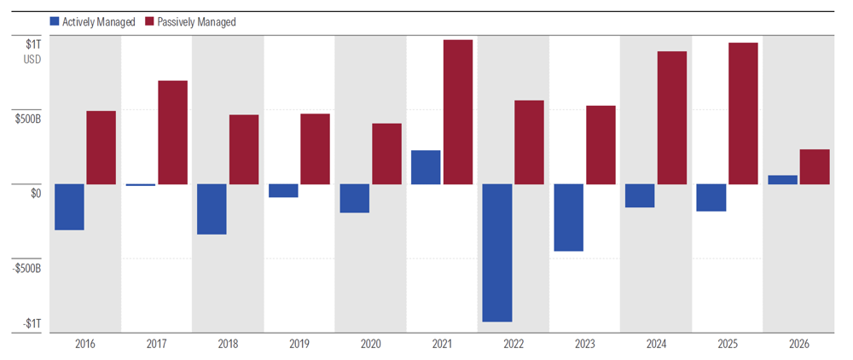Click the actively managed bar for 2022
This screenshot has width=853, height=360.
coord(496,253)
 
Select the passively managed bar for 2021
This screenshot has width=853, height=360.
coord(457,112)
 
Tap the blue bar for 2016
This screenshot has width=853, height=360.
coord(69,207)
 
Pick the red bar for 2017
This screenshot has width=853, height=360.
coord(172,132)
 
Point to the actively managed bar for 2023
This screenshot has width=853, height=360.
coord(568,218)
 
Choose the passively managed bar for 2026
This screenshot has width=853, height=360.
coord(815,167)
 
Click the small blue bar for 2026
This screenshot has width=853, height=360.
coord(782,180)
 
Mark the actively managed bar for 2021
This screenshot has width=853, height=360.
coord(426,167)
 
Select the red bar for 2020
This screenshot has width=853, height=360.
coord(386,154)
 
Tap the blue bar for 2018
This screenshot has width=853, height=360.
coord(212,209)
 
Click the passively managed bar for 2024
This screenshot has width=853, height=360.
coord(671,118)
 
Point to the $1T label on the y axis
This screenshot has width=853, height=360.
coord(32,44)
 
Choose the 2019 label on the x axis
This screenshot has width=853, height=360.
coord(299,343)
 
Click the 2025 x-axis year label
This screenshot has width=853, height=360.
coord(727,343)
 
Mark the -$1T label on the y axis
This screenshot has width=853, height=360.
coord(31,324)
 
